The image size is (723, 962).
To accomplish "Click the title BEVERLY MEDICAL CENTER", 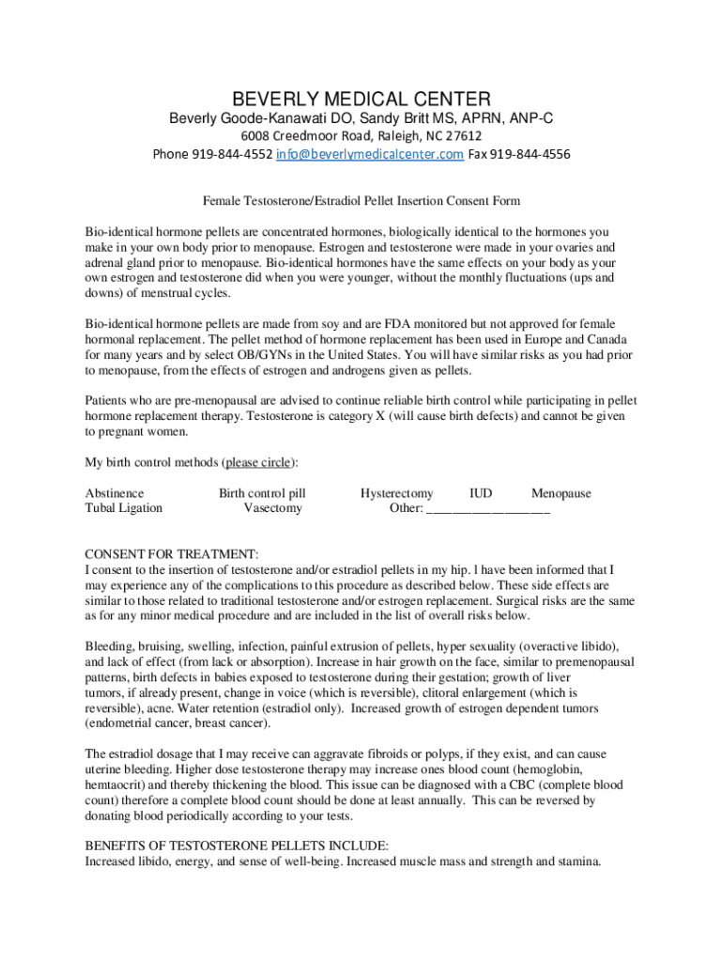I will (x=361, y=99).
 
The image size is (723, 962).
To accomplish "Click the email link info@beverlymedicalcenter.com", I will (x=369, y=154).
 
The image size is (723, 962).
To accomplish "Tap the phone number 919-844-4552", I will (x=232, y=154).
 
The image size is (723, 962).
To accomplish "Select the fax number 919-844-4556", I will (x=531, y=154).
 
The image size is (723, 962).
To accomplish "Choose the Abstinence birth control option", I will (x=115, y=493).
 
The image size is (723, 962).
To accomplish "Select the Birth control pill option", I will (x=262, y=493).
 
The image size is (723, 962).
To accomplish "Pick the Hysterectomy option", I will (x=397, y=493).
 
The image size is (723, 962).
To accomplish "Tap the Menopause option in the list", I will (x=561, y=493).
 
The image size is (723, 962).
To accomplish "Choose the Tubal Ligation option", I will (x=124, y=508).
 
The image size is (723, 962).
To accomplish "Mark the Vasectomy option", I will (x=273, y=508).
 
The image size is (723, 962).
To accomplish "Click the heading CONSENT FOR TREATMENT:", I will (x=172, y=554).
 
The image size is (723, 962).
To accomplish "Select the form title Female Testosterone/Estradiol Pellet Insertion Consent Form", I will (x=361, y=201).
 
